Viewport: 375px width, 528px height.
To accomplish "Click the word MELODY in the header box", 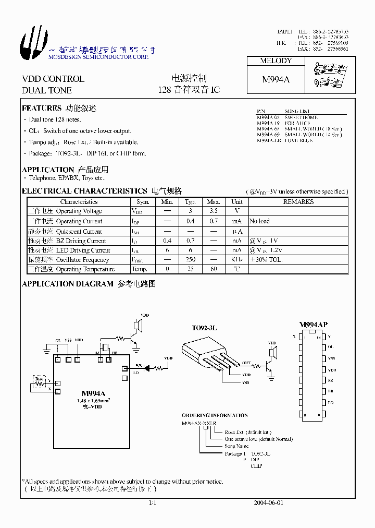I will pyautogui.click(x=276, y=61).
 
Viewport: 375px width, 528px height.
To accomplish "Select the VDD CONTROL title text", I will pyautogui.click(x=53, y=79).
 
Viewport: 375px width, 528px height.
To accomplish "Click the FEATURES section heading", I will pyautogui.click(x=42, y=109).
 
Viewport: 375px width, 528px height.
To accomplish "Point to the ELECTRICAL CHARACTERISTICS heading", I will pyautogui.click(x=84, y=191).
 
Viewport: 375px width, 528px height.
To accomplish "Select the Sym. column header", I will pyautogui.click(x=143, y=201).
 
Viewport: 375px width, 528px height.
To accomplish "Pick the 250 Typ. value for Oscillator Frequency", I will pyautogui.click(x=191, y=259).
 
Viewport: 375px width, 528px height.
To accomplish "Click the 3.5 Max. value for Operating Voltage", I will pyautogui.click(x=214, y=211).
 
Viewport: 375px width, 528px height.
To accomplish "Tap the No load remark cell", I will pyautogui.click(x=259, y=221).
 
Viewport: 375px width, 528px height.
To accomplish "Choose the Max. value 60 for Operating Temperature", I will pyautogui.click(x=214, y=269).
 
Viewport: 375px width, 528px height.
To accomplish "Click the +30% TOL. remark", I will pyautogui.click(x=266, y=259).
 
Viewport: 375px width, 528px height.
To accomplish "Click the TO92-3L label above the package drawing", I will pyautogui.click(x=204, y=328).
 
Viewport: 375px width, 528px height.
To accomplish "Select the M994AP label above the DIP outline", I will pyautogui.click(x=313, y=325).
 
